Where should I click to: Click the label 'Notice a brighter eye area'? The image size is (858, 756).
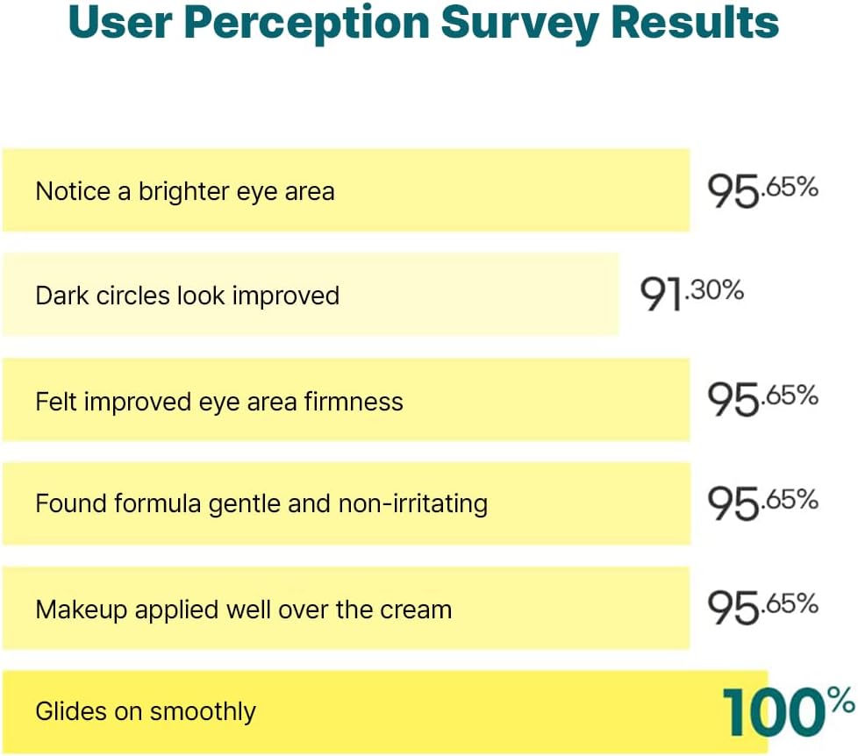click(184, 191)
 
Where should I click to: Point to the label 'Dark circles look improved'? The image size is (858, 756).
click(187, 296)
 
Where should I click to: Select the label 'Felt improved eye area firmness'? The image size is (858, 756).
click(219, 402)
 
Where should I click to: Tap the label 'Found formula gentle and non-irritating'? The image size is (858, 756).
click(261, 504)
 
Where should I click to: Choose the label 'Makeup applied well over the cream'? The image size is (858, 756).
click(243, 610)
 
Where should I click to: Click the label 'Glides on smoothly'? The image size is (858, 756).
click(146, 710)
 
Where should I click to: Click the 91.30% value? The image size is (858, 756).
click(691, 294)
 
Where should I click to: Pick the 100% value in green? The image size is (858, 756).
click(788, 710)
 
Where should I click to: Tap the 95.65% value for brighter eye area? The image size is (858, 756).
click(762, 190)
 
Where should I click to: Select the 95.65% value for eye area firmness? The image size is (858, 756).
click(762, 399)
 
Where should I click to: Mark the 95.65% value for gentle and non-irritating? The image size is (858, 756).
click(762, 503)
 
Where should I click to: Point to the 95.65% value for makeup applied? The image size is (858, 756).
click(762, 608)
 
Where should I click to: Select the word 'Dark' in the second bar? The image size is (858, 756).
click(56, 296)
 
